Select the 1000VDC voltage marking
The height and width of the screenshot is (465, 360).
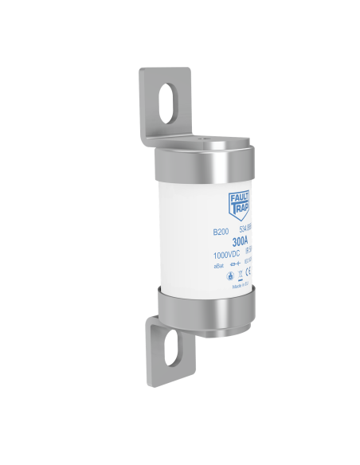[228, 255]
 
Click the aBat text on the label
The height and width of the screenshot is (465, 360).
[219, 266]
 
